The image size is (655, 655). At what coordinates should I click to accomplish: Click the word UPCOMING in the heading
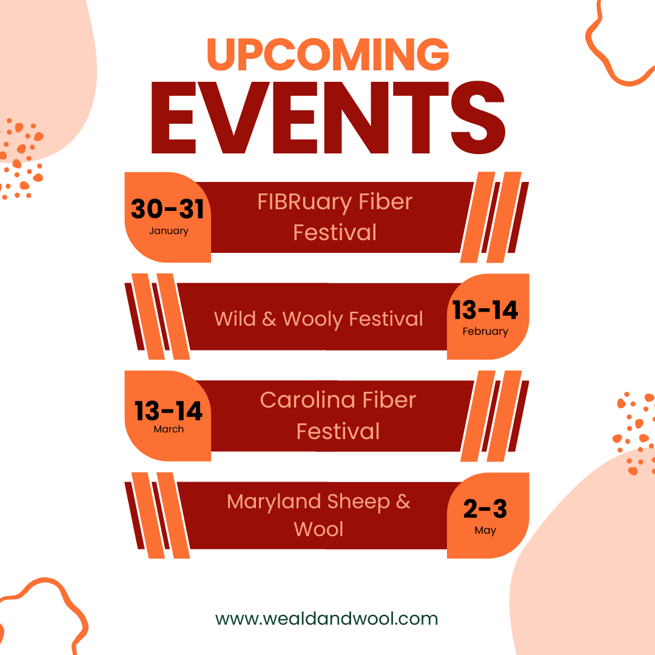click(328, 53)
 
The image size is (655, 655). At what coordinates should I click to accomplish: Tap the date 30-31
click(167, 209)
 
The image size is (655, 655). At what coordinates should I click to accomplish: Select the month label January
click(169, 231)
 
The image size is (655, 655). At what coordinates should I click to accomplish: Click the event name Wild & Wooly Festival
click(318, 319)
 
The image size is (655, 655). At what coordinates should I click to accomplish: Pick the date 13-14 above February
click(485, 310)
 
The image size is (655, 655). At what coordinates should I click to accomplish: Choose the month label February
click(485, 332)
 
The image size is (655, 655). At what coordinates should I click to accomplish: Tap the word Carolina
click(307, 400)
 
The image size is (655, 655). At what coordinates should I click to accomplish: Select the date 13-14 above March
click(169, 411)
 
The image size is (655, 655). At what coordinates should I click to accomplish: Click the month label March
click(169, 429)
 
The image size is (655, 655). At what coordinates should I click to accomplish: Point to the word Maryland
click(274, 502)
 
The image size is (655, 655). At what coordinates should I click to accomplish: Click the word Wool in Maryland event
click(318, 529)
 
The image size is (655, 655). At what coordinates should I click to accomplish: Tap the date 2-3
click(485, 509)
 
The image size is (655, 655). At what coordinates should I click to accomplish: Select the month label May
click(485, 531)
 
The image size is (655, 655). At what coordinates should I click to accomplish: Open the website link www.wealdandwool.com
click(326, 619)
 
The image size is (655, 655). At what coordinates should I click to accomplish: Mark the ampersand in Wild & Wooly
click(269, 320)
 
